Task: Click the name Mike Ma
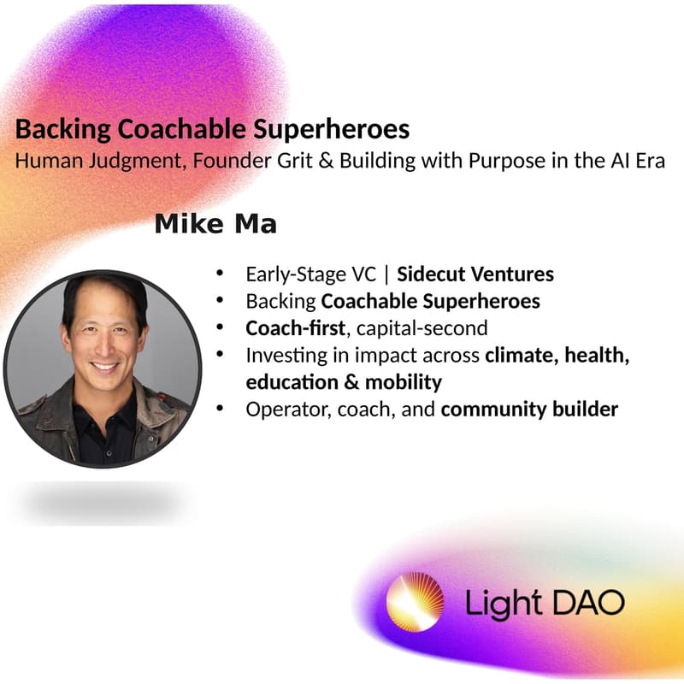coord(215,225)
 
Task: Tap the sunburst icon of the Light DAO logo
coord(415,602)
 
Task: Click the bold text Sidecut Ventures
coord(475,274)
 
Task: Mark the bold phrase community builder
coord(529,409)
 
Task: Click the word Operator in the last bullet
coord(279,409)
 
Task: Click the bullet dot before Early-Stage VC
coord(221,274)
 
